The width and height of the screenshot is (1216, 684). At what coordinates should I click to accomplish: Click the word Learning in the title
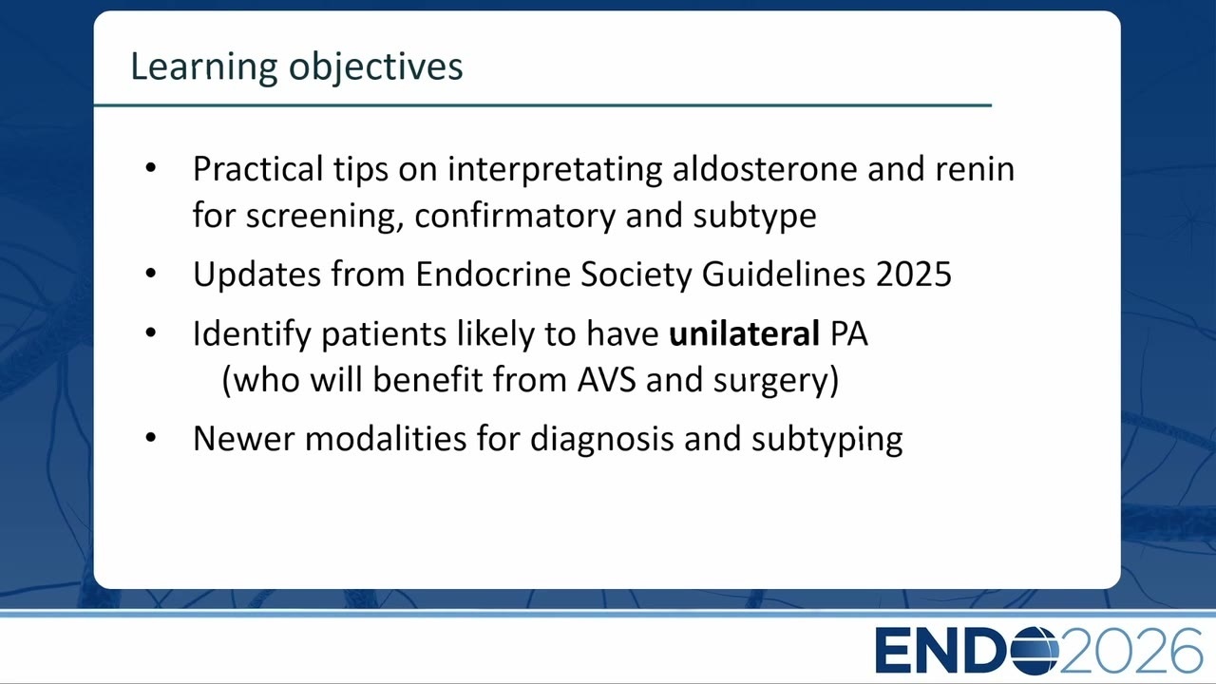coord(203,67)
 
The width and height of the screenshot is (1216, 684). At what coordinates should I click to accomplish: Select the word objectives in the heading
coord(375,67)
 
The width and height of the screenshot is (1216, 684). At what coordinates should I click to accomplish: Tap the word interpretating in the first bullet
coord(555,169)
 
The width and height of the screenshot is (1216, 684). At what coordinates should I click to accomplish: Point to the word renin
coord(975,168)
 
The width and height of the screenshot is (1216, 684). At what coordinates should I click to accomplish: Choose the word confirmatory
coord(515,216)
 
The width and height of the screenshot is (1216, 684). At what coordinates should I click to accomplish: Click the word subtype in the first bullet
coord(754,216)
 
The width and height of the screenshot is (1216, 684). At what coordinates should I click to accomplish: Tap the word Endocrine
coord(493,274)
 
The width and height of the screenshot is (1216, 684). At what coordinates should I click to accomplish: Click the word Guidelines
coord(784,274)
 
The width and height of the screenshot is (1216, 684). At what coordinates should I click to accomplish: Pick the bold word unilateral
coord(744,332)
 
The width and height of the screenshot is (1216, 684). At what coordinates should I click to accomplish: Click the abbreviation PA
coord(849,333)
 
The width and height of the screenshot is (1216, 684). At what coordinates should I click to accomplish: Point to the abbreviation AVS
coord(606,379)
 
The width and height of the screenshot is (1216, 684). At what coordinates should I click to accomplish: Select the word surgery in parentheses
coord(769,381)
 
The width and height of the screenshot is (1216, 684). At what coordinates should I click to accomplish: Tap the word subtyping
coord(827,440)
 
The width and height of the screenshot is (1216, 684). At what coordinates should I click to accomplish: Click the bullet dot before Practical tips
coord(151,168)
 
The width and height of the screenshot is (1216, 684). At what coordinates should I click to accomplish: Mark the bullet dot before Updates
coord(151,273)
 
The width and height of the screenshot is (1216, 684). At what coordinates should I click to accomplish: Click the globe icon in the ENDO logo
coord(1035,651)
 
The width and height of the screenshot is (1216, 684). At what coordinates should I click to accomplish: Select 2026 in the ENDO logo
coord(1130,651)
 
